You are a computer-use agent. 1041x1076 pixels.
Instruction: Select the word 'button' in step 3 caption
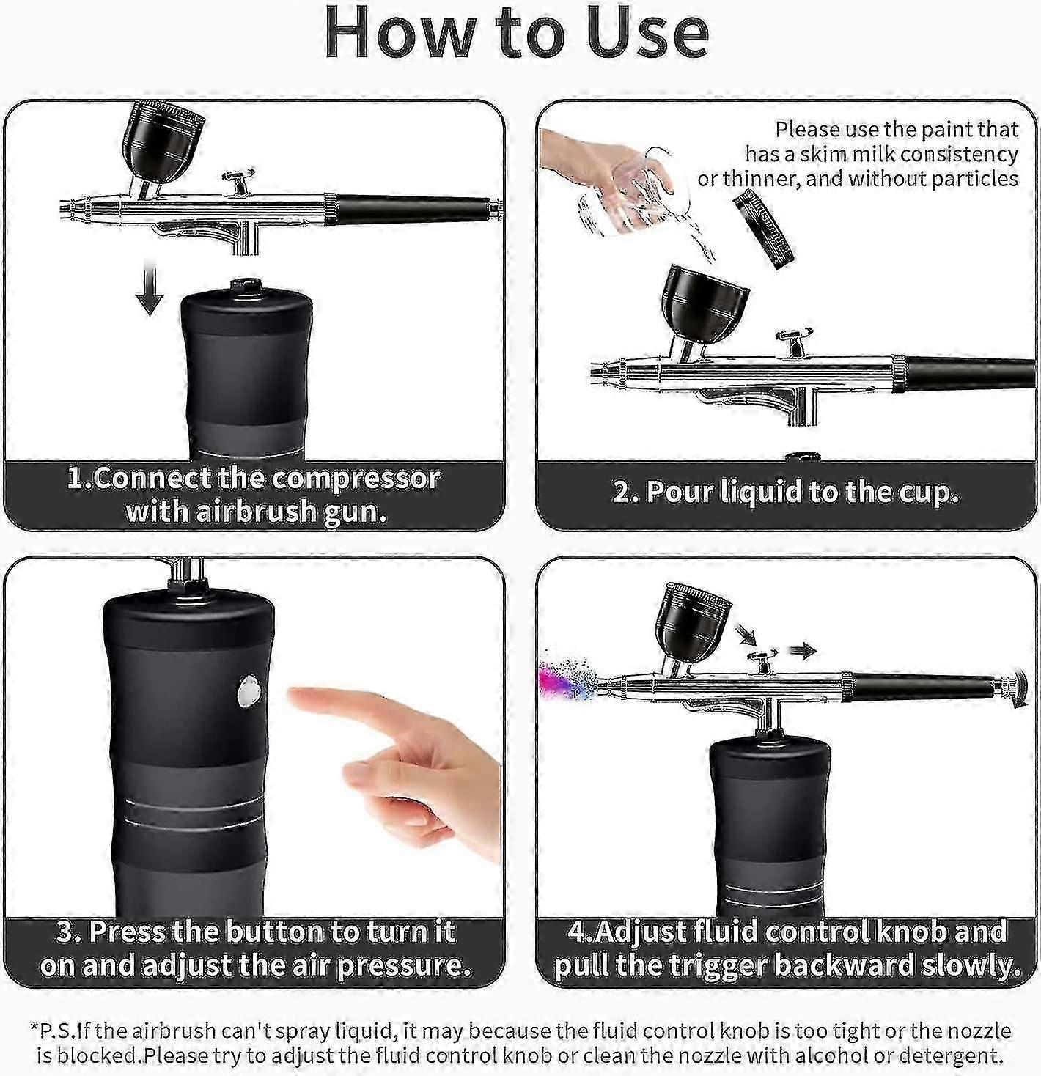(274, 932)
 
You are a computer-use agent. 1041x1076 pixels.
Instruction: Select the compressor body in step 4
(770, 821)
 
